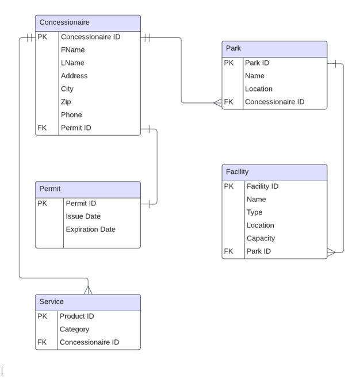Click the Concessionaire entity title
(64, 22)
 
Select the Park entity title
(233, 48)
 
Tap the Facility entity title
(237, 172)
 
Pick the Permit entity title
(50, 189)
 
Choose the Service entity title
(52, 302)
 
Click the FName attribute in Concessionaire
(73, 50)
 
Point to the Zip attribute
(66, 102)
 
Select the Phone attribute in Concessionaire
(71, 115)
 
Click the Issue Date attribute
(83, 216)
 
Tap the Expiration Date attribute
(90, 230)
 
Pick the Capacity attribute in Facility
(261, 238)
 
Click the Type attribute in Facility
(254, 212)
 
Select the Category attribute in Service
(74, 330)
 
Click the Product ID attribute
(76, 316)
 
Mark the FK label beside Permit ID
(42, 128)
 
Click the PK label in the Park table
(229, 63)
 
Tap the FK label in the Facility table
(229, 251)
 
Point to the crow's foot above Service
(87, 289)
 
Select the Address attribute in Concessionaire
(74, 76)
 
